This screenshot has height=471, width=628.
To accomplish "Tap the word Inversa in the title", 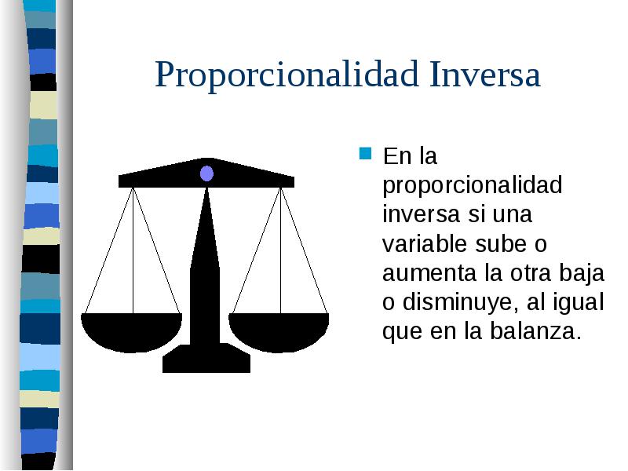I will (485, 75).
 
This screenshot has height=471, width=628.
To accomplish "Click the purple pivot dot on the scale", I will (206, 173).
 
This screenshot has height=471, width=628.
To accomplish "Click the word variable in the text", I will (425, 244).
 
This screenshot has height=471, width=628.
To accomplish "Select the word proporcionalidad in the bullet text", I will (473, 186).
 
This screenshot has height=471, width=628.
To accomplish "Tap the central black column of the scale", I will (206, 267).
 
